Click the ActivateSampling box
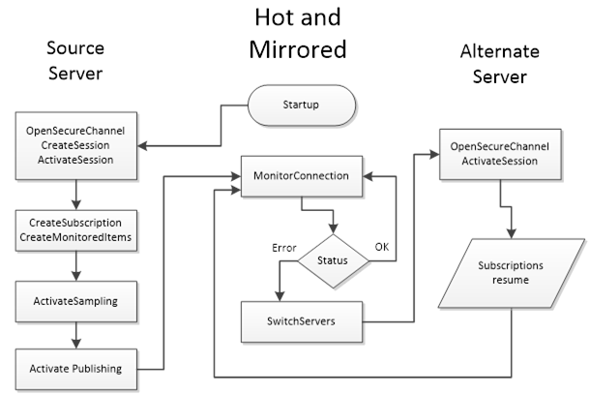click(74, 300)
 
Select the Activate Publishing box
click(75, 368)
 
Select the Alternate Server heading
click(500, 63)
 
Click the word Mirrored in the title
click(298, 48)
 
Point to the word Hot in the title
click(274, 17)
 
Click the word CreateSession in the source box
click(74, 144)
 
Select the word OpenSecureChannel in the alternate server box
click(500, 146)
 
